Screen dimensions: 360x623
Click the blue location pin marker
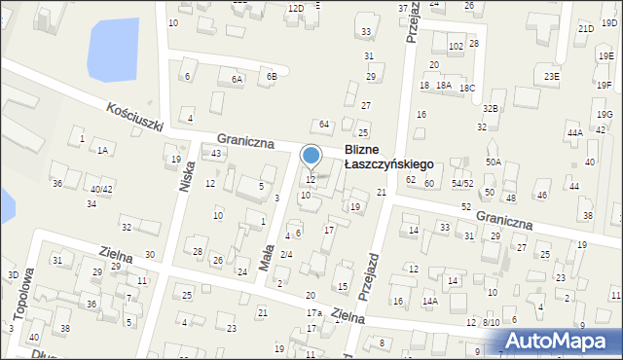pos(311,157)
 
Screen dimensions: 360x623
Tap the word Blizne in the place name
pos(366,152)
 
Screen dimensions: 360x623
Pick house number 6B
pos(272,76)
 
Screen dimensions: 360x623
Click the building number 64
pos(325,125)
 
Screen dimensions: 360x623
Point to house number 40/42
pos(101,189)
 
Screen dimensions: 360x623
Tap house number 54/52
pos(461,183)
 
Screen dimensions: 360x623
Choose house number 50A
pos(494,162)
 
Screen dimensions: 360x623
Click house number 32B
pos(491,108)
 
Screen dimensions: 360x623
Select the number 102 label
pos(455,47)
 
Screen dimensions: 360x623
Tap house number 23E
pos(552,76)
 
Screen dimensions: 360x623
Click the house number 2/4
pos(286,254)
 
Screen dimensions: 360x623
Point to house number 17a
pos(313,312)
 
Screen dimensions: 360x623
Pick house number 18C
pos(467,88)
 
